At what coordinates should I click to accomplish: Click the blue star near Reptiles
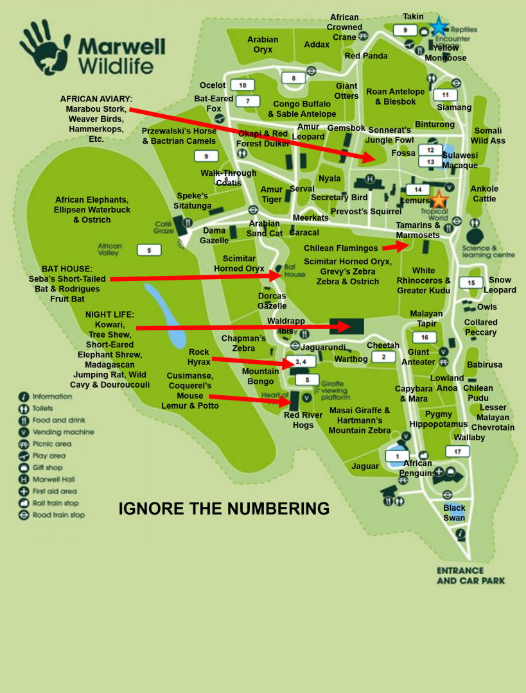pos(439,26)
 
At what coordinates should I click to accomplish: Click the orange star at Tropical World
pos(439,199)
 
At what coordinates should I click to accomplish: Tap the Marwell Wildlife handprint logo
pos(44,49)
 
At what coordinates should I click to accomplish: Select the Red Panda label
pos(366,56)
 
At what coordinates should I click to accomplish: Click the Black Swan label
pos(454,513)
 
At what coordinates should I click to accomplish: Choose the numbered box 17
pos(457,452)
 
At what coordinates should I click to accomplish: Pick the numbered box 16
pos(425,338)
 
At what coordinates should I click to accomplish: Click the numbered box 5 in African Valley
pos(149,250)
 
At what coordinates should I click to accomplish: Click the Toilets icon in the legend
pos(24,408)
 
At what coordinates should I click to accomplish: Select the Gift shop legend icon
pos(24,468)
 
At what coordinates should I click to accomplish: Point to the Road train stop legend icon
pos(24,515)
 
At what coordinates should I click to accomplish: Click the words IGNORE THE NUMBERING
pos(224,509)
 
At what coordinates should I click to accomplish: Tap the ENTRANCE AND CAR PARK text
pos(470,576)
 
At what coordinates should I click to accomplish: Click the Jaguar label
pos(365,466)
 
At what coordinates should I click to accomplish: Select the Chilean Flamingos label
pos(340,248)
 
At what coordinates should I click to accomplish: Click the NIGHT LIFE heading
pos(110,314)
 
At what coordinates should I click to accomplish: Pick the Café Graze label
pos(164,227)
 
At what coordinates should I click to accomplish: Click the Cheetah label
pos(383,346)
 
